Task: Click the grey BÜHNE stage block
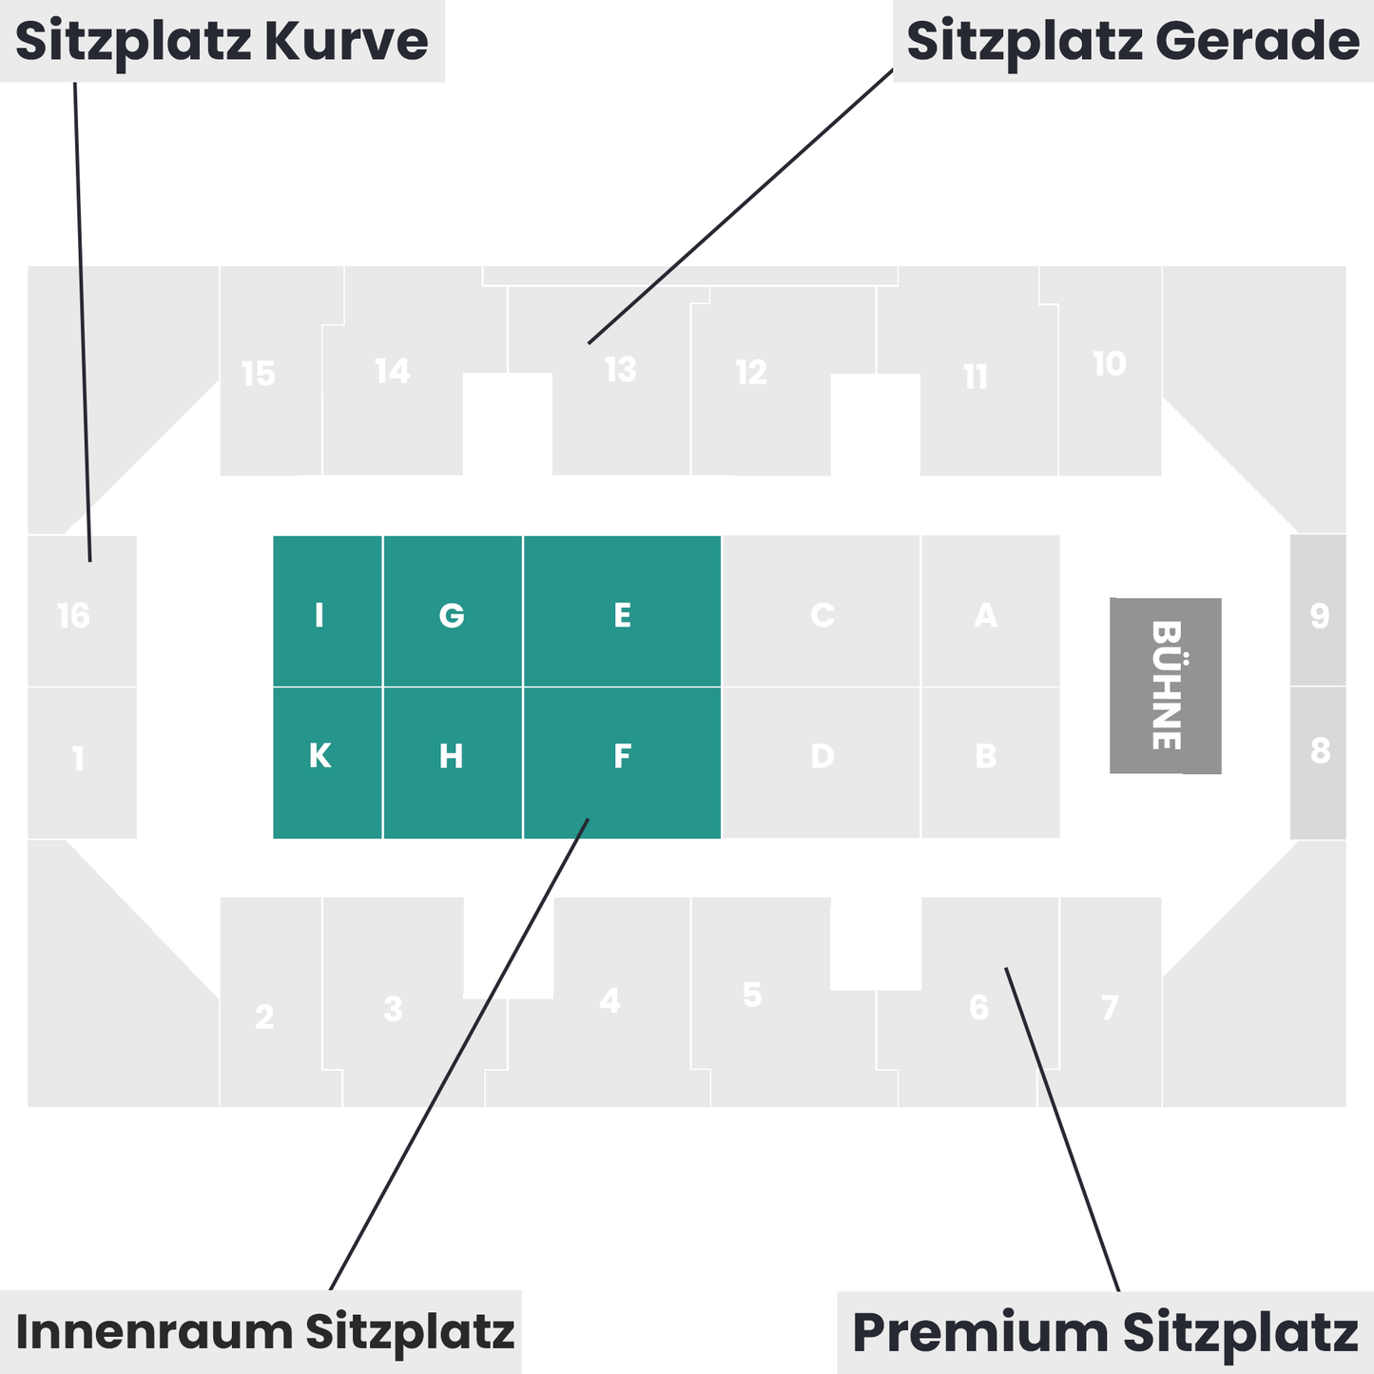[x=1165, y=686]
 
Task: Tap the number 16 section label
[x=73, y=616]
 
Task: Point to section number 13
[x=620, y=370]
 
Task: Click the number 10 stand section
[x=1109, y=364]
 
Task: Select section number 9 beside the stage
[x=1319, y=616]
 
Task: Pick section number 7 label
[x=1110, y=1008]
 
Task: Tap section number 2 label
[x=264, y=1017]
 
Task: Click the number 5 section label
[x=752, y=996]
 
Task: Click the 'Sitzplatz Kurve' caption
[x=222, y=41]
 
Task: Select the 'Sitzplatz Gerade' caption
[x=1132, y=41]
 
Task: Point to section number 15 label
[x=258, y=374]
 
